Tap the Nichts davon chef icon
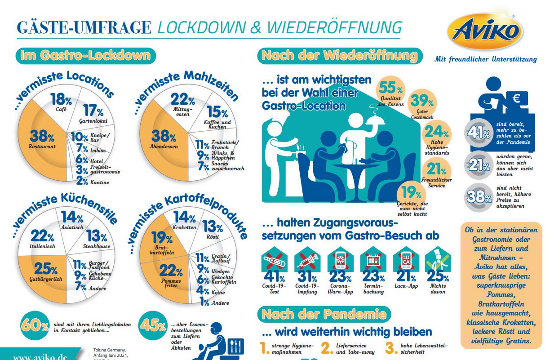click(x=438, y=260)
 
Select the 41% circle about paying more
click(x=478, y=133)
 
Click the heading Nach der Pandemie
click(x=324, y=314)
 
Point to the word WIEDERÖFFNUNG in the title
click(x=334, y=28)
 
